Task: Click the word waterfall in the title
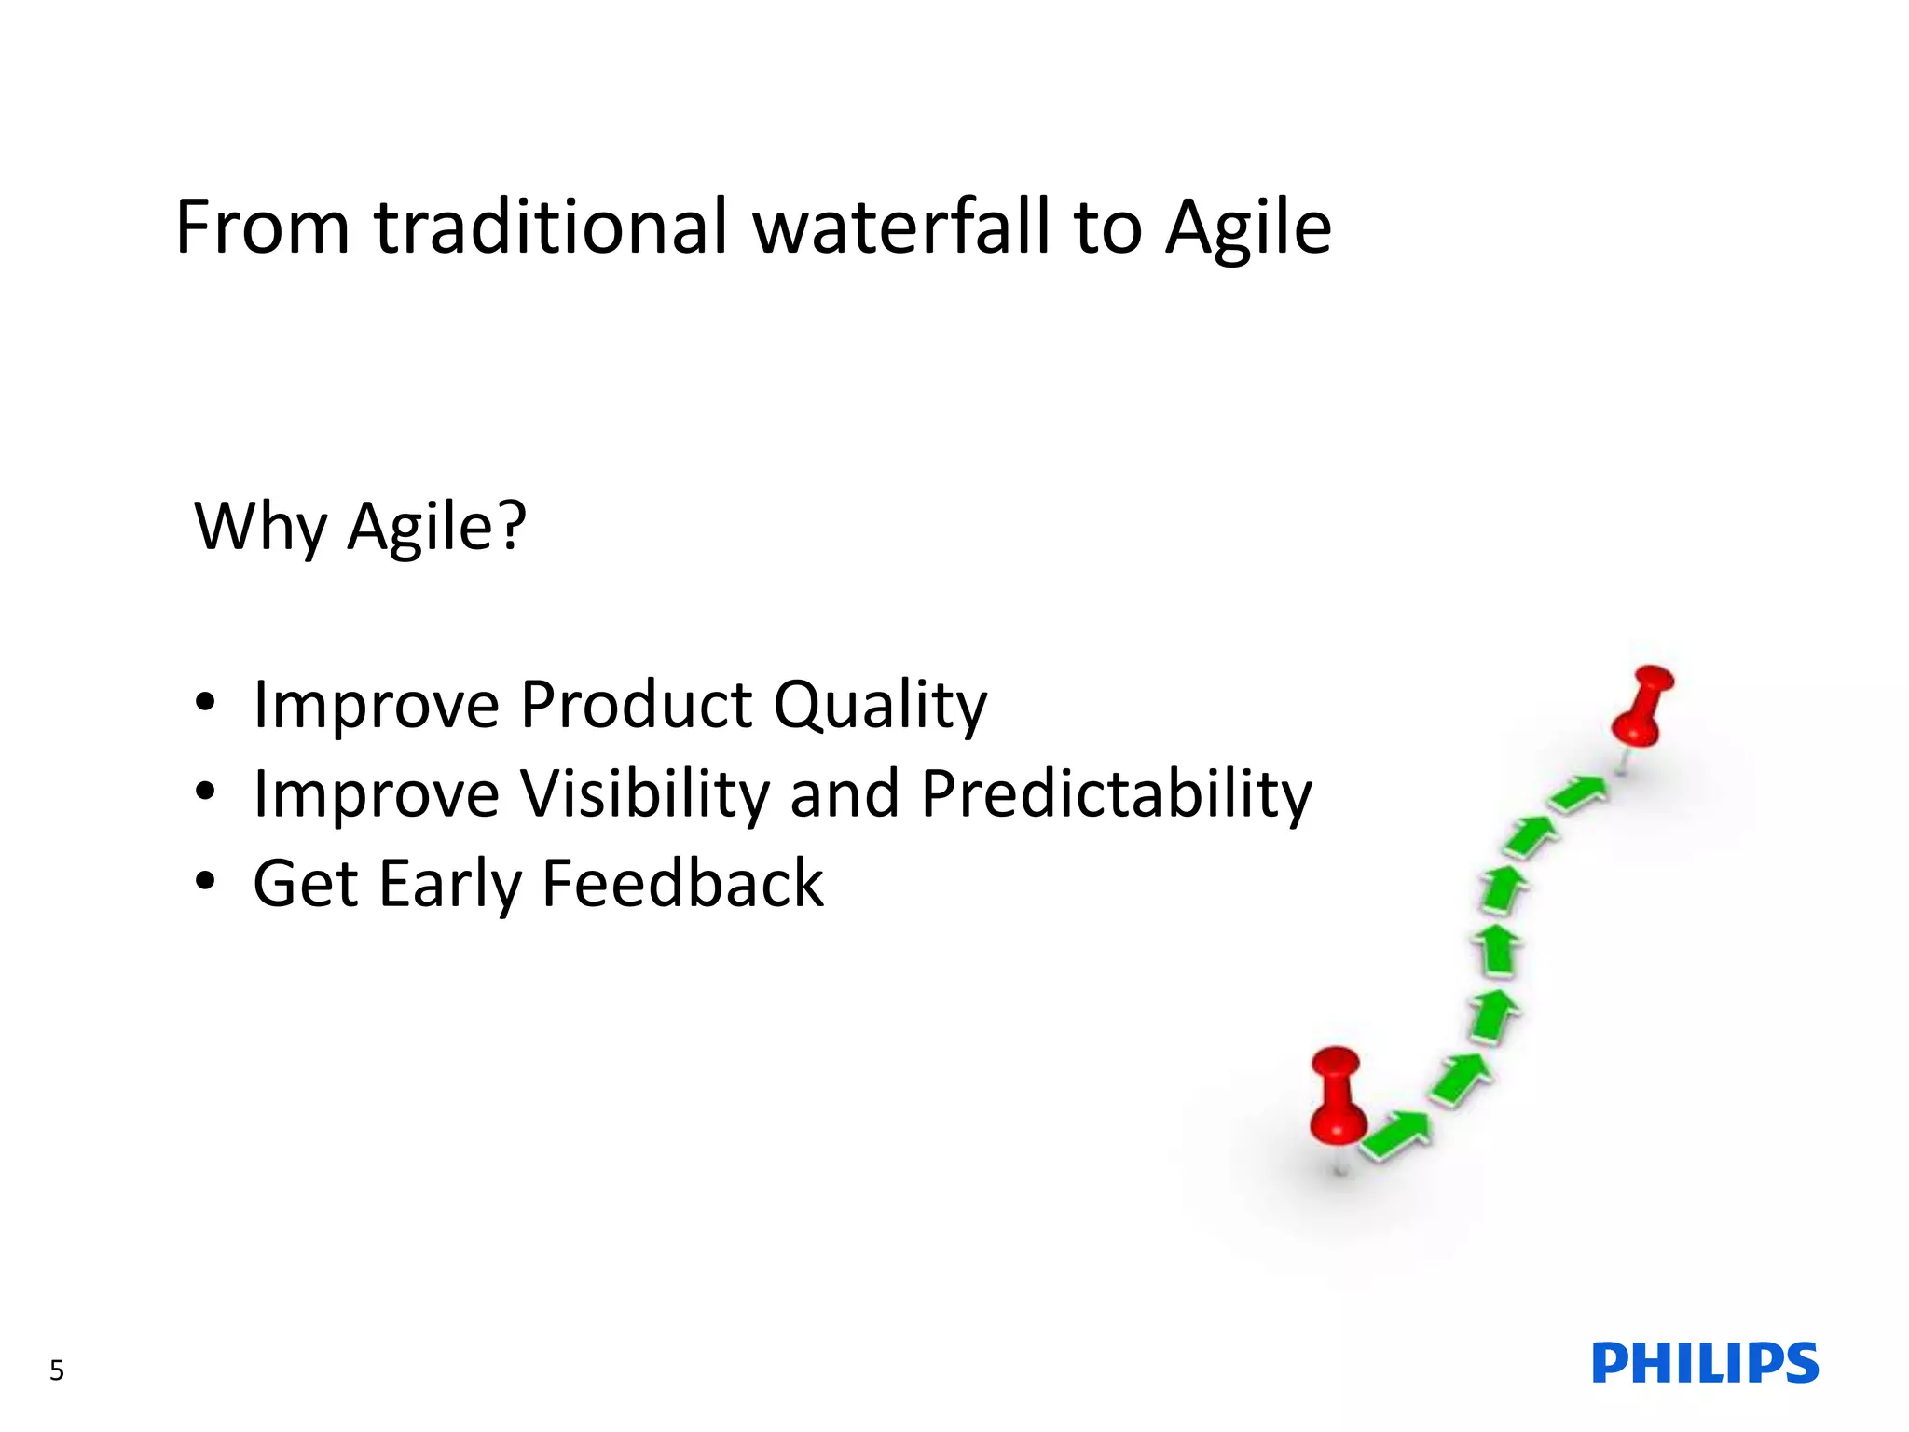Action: click(902, 227)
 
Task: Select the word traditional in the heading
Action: click(550, 227)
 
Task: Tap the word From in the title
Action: click(263, 227)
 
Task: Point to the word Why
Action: click(260, 527)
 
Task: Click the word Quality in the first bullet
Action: click(880, 705)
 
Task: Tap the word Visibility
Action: click(651, 794)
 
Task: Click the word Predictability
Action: click(1116, 794)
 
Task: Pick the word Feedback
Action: click(682, 883)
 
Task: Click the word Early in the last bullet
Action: click(449, 885)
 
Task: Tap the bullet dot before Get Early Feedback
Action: click(205, 882)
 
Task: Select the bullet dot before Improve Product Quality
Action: click(205, 702)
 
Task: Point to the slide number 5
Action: click(57, 1370)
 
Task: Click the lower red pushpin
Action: click(1337, 1100)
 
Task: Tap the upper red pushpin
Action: click(1643, 704)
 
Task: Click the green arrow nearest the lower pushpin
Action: click(1395, 1135)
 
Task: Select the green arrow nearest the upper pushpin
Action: click(1579, 794)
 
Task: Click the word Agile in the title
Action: click(1248, 227)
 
